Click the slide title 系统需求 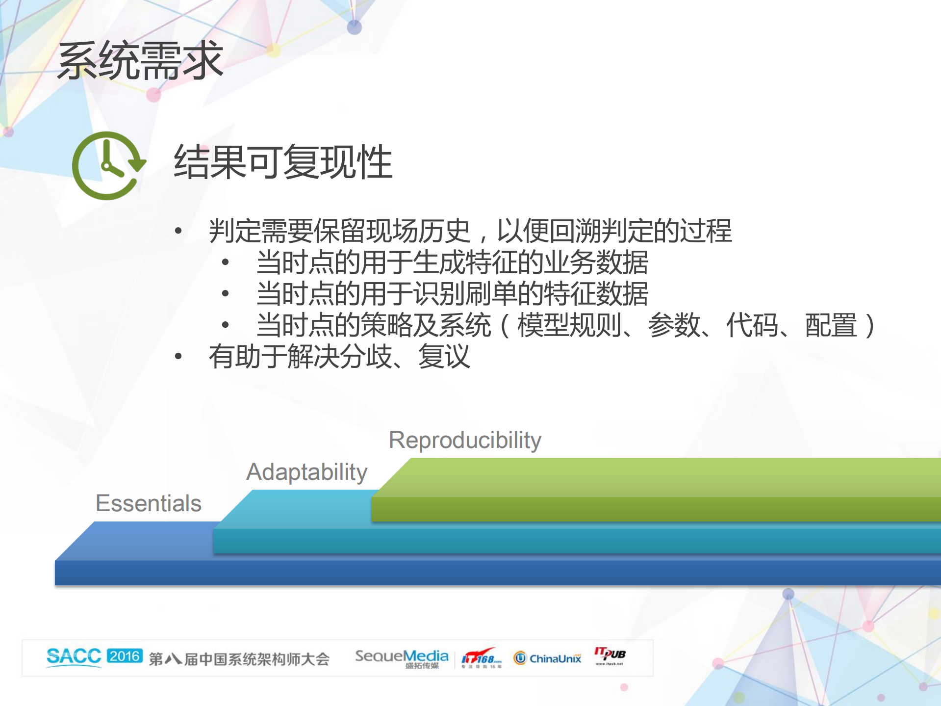click(x=140, y=61)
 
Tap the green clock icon click(x=108, y=166)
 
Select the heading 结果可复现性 click(x=283, y=162)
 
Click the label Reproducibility click(x=464, y=440)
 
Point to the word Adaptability click(x=306, y=472)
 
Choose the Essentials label click(x=149, y=503)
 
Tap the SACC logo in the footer click(x=74, y=657)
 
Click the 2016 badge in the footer click(x=125, y=656)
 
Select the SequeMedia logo click(x=402, y=657)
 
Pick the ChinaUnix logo click(x=547, y=658)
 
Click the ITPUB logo click(x=610, y=655)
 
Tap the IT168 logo click(x=481, y=657)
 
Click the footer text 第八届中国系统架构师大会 click(x=239, y=659)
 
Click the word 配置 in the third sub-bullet click(x=831, y=325)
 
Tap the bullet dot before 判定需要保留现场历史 click(x=178, y=231)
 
